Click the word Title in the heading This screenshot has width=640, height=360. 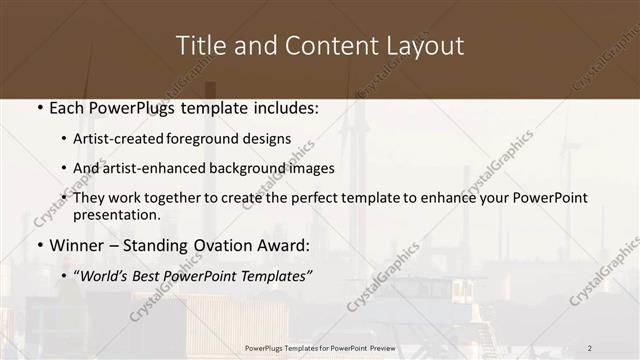pos(198,46)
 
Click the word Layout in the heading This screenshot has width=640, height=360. pos(424,46)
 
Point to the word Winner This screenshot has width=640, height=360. pos(76,245)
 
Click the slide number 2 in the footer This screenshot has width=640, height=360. pos(591,347)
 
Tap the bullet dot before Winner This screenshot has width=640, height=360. pos(38,245)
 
